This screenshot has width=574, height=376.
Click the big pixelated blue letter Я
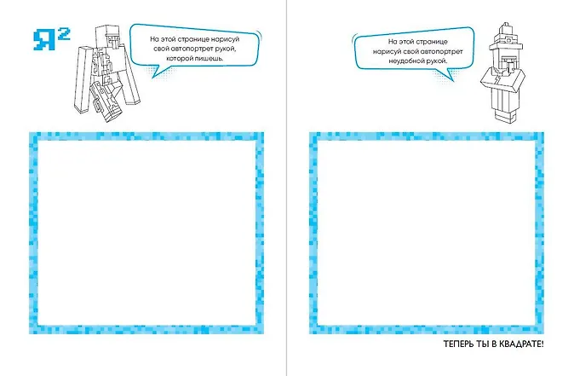point(44,40)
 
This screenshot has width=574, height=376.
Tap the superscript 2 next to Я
point(64,34)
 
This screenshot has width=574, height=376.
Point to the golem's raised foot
point(106,101)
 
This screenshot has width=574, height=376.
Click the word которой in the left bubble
point(177,58)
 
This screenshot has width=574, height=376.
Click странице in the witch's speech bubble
point(433,42)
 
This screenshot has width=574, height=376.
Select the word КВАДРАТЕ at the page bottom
point(521,344)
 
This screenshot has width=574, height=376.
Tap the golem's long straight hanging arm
point(83,78)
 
